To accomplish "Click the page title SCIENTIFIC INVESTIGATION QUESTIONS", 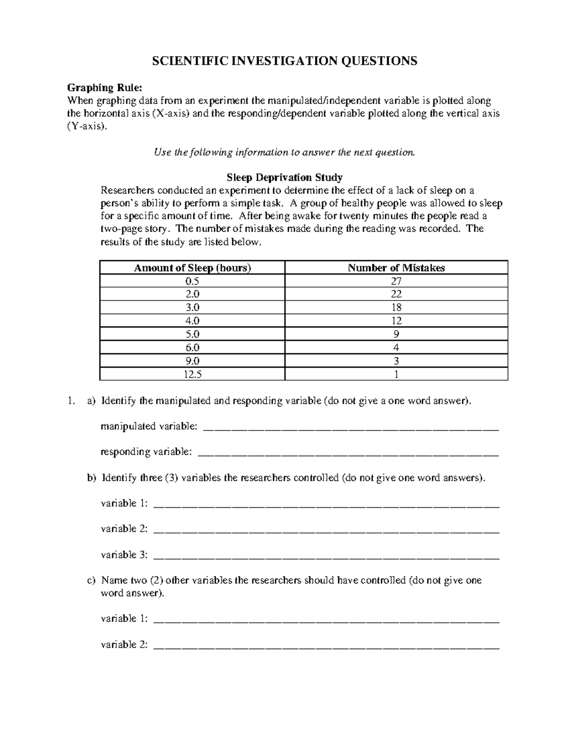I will pos(284,61).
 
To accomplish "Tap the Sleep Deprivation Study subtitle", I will pos(284,177).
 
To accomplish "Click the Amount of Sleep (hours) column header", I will pos(192,268).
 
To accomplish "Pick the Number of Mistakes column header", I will pos(396,268).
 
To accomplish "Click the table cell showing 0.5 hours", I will pos(192,281).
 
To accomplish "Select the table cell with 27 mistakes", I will pos(396,281).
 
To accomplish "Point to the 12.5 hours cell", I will pos(192,374).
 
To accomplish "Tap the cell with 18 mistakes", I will pos(396,308).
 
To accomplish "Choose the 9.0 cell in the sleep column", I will pos(192,361).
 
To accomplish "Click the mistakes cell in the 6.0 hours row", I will pos(396,347).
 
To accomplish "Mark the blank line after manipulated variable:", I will pos(351,427).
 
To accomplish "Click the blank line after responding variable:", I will pos(348,453).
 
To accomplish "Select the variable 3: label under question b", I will pos(124,555).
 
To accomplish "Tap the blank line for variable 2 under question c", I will pos(327,645).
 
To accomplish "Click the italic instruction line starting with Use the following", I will pos(284,152).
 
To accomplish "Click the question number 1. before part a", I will pos(71,401).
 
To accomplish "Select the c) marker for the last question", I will pos(91,580).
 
